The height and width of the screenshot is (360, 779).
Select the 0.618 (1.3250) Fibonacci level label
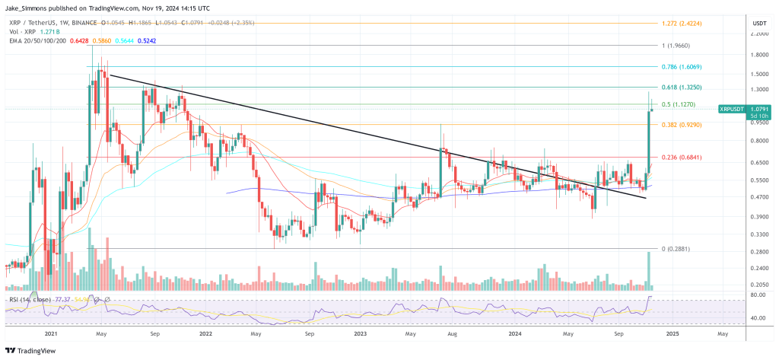(685, 88)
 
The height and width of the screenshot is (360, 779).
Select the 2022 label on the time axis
(205, 333)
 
